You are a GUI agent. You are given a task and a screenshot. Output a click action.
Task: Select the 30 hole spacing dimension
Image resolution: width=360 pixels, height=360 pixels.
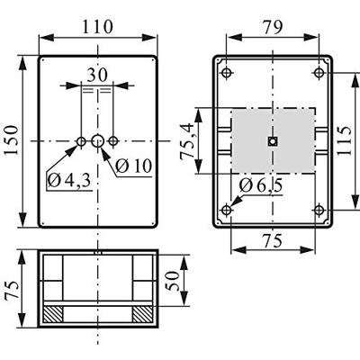[x=97, y=76]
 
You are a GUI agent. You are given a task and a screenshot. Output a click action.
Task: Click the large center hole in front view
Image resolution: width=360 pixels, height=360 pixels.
[x=97, y=141]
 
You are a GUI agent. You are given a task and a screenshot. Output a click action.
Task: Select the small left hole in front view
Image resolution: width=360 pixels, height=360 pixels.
[x=81, y=141]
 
